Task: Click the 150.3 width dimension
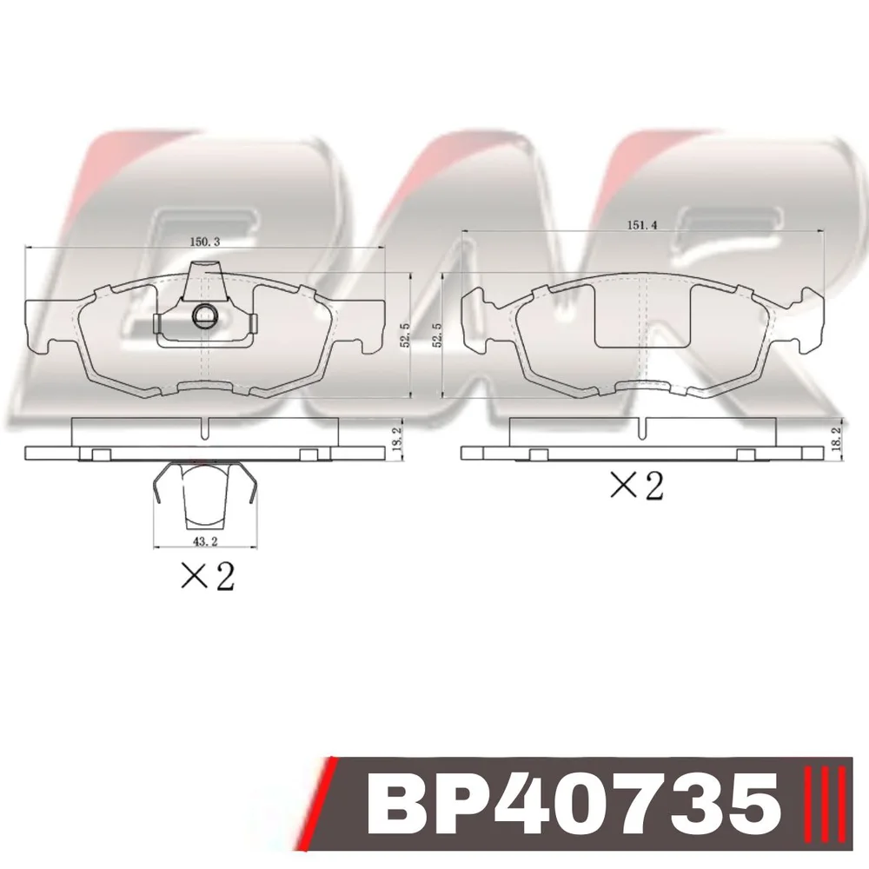[205, 242]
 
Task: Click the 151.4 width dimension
[642, 225]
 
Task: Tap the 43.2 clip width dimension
[206, 541]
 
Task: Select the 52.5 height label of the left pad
[405, 335]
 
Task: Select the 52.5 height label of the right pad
[437, 335]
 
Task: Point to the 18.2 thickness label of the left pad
[396, 438]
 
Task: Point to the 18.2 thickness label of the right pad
[837, 437]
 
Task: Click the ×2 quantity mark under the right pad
[636, 486]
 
